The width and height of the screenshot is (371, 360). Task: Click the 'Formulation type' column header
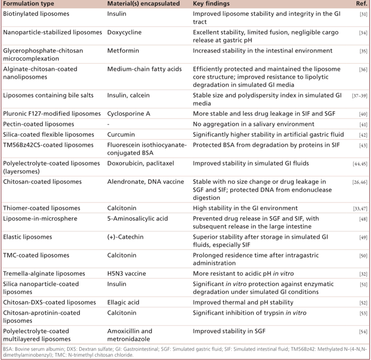(x=29, y=4)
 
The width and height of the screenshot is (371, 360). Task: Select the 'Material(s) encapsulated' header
(x=143, y=4)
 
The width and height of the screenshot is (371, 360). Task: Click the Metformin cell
(x=123, y=51)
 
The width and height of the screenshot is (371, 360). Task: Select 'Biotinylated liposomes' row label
(x=36, y=14)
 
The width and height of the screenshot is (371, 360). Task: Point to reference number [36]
(x=363, y=69)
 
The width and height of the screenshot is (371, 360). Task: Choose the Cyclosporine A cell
(x=128, y=114)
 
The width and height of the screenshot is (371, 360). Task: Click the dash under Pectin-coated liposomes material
(x=108, y=124)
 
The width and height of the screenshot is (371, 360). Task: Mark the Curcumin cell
(x=121, y=135)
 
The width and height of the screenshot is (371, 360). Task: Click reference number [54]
(x=363, y=332)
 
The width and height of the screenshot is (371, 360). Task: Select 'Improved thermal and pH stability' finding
(x=243, y=303)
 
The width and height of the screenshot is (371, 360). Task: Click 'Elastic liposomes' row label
(x=28, y=237)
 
